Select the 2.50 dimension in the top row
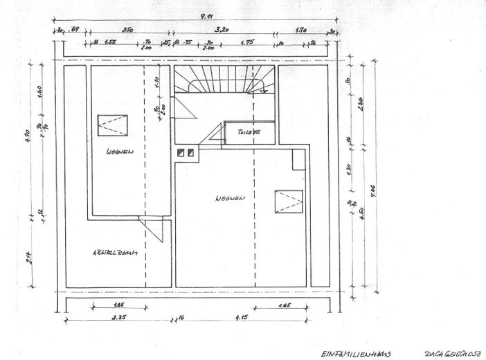[128, 30]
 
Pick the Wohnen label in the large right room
[230, 199]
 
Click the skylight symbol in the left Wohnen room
[113, 125]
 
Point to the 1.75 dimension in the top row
[248, 43]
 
